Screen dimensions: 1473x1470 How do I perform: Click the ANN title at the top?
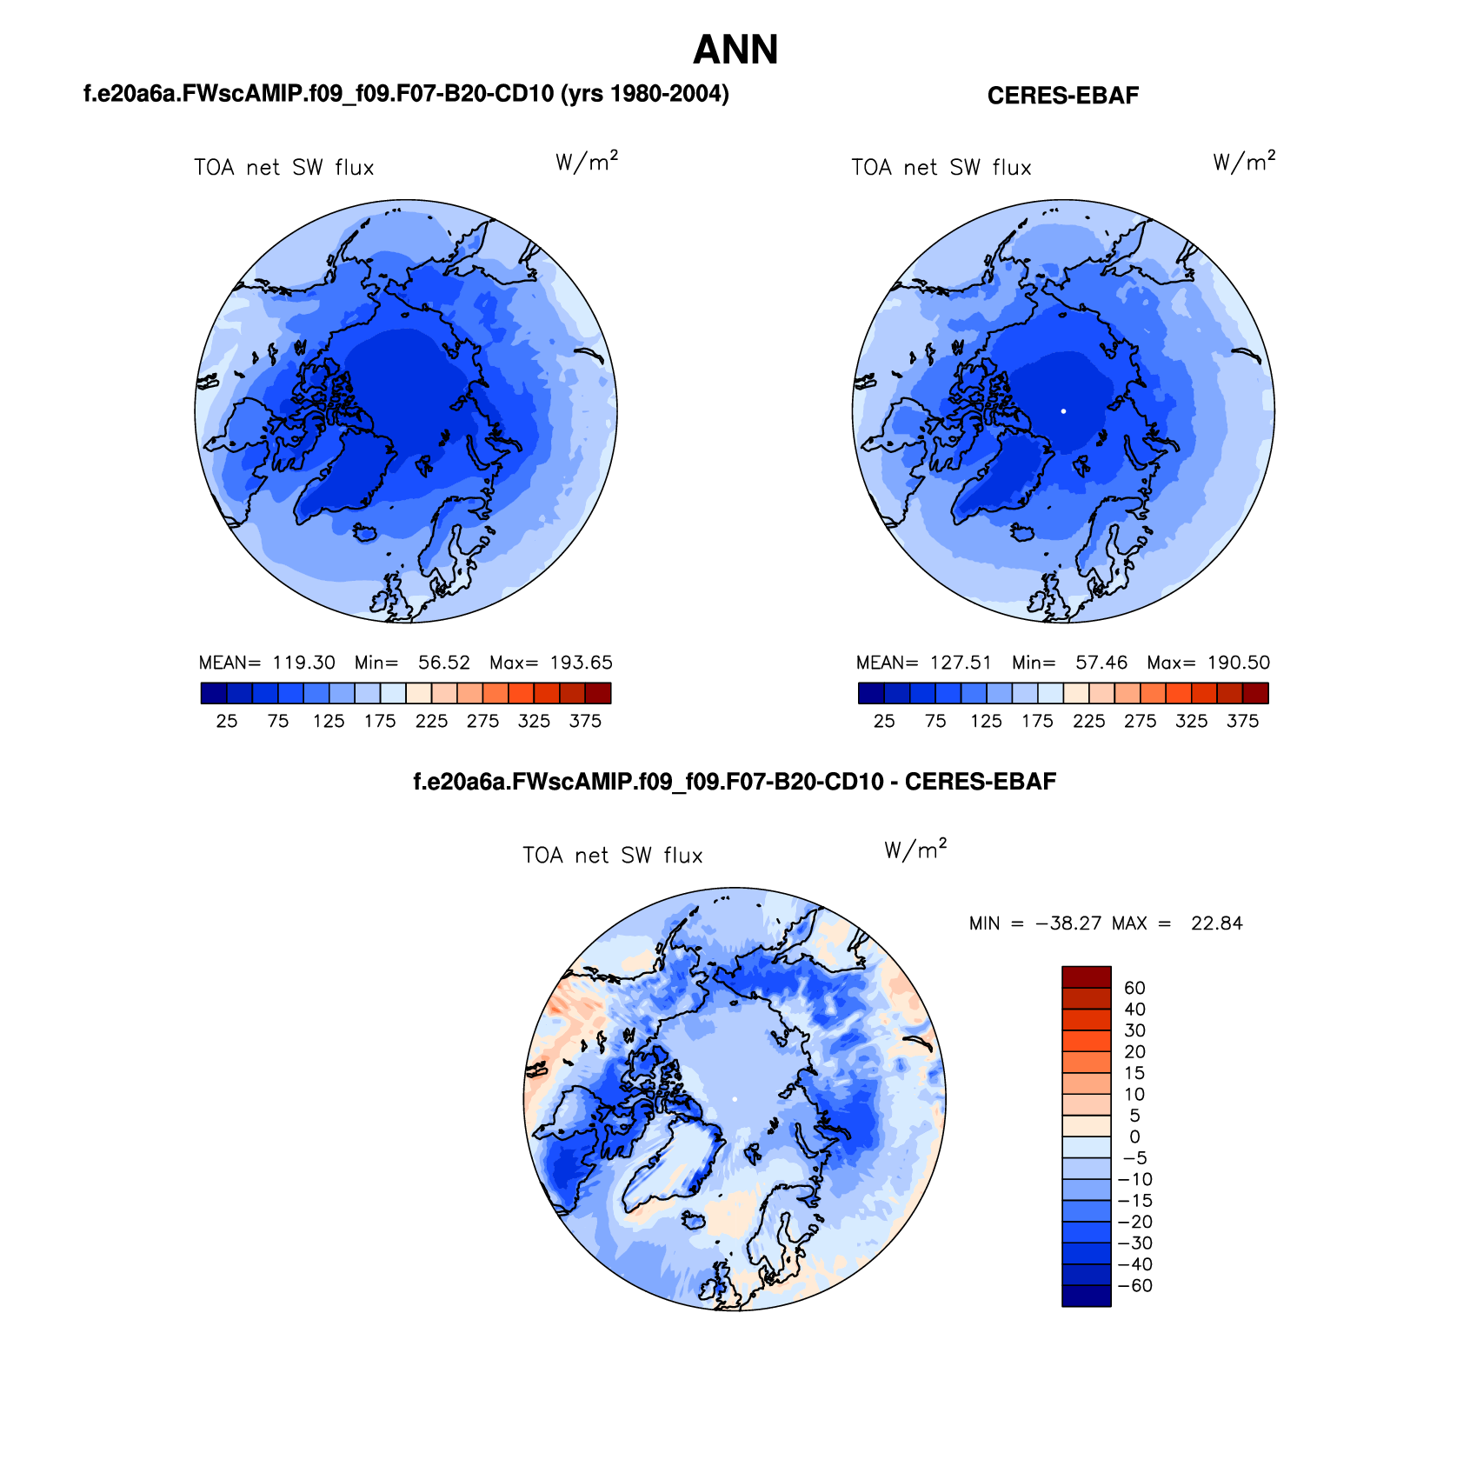(735, 50)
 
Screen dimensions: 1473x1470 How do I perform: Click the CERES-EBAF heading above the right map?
(1062, 96)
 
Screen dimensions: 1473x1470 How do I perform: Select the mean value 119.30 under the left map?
(303, 663)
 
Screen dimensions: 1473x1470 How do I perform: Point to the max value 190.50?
(1239, 663)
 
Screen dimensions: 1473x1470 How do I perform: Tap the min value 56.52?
(443, 663)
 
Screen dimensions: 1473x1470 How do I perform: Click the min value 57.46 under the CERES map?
(1101, 663)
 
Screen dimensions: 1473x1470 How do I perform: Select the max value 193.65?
(581, 663)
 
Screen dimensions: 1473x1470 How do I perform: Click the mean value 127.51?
(961, 663)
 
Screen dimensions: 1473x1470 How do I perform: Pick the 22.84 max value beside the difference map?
(1216, 923)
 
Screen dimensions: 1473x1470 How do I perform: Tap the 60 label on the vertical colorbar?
(1134, 988)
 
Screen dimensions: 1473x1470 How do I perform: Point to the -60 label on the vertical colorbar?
(1134, 1286)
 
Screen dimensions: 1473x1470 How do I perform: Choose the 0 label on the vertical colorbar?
(1134, 1136)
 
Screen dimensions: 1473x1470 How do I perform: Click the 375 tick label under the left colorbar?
(585, 721)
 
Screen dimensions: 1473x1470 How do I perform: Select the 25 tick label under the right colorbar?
(884, 721)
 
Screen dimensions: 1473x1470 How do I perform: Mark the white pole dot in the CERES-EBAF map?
(1063, 411)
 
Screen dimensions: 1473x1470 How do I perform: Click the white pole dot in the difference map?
(735, 1099)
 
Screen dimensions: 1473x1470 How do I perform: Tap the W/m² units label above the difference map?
(915, 850)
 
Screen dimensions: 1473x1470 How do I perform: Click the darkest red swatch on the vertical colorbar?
(1086, 976)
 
